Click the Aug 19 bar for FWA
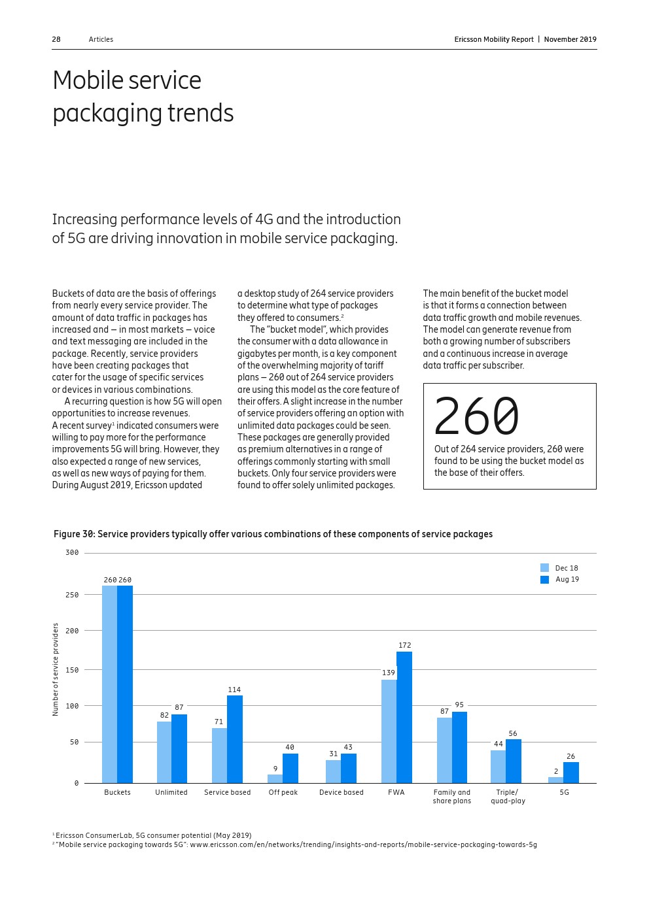click(x=404, y=717)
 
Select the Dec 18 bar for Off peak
click(x=275, y=778)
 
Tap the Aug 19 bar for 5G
click(x=571, y=773)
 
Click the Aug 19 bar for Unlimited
click(x=179, y=748)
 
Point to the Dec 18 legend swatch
click(x=544, y=568)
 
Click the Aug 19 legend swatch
click(x=544, y=580)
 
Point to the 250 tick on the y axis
click(x=72, y=595)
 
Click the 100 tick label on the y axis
click(x=72, y=706)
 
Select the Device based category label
click(x=341, y=792)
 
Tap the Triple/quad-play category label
click(x=508, y=796)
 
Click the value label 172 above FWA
click(x=405, y=645)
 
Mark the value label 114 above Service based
click(x=234, y=690)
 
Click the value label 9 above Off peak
click(x=275, y=769)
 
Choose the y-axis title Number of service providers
click(x=56, y=669)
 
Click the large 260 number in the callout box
click(x=476, y=416)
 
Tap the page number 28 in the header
click(x=56, y=39)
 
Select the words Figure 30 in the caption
click(x=74, y=534)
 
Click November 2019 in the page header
click(x=570, y=39)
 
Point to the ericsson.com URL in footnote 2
click(x=363, y=844)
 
